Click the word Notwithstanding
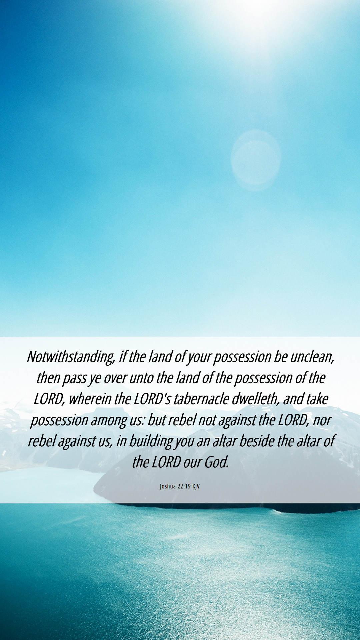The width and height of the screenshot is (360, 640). coord(71,357)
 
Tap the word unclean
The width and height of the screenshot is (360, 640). coord(312,357)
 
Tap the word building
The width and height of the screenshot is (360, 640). coord(151,441)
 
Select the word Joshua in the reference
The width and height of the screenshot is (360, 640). coord(168,486)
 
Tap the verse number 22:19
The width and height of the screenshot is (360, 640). coord(184,486)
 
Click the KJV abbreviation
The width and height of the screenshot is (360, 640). coord(196,486)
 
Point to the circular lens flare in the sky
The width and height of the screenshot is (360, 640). coord(256,160)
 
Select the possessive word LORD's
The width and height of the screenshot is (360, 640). coord(152,399)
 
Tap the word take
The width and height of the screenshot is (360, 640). coord(317,399)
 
